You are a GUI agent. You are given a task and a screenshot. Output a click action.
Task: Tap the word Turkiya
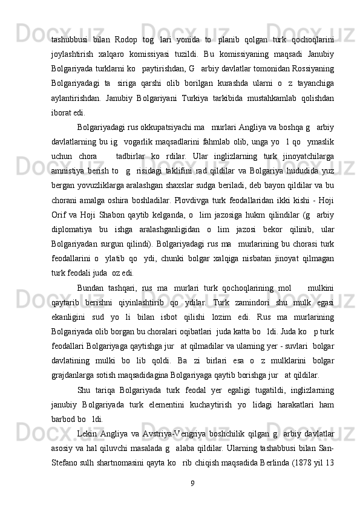pyautogui.click(x=200, y=82)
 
